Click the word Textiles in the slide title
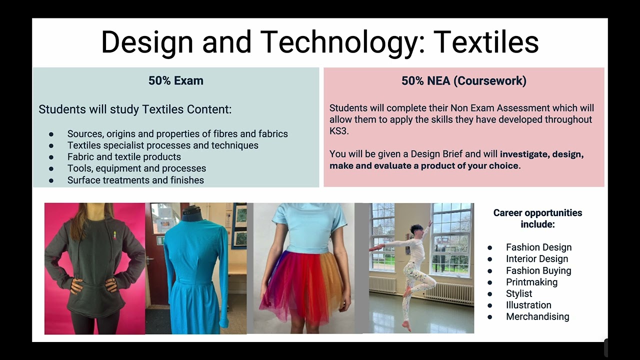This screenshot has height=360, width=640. point(486,42)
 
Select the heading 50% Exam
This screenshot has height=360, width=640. point(175,80)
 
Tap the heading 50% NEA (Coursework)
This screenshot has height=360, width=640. point(463,80)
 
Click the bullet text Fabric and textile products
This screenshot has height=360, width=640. point(124,157)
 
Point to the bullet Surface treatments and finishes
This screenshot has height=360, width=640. point(135,180)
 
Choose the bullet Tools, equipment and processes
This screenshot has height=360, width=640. point(136,168)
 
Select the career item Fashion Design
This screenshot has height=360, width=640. point(538,247)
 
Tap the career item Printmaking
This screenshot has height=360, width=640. point(531,282)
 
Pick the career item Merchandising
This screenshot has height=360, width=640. point(537,316)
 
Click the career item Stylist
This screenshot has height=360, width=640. point(519,293)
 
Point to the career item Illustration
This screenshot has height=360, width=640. point(528,305)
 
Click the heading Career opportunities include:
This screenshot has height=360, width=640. point(537,218)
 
